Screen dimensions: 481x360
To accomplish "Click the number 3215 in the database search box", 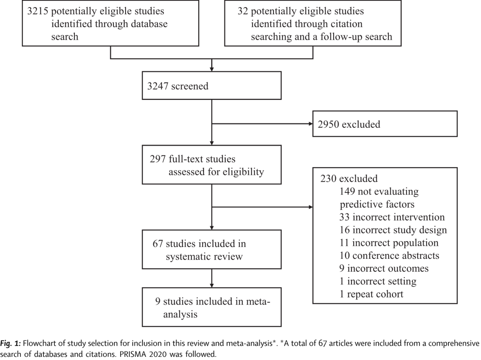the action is pyautogui.click(x=37, y=11).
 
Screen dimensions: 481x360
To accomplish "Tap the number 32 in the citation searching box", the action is pyautogui.click(x=243, y=11).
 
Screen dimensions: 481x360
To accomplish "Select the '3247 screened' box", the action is pyautogui.click(x=212, y=86).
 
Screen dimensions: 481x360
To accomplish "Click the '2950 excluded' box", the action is pyautogui.click(x=385, y=124).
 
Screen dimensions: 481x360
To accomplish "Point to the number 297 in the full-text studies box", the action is pyautogui.click(x=158, y=159).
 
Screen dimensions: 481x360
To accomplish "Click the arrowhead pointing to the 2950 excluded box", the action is pyautogui.click(x=310, y=124).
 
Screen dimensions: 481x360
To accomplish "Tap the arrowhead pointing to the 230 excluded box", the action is pyautogui.click(x=310, y=207).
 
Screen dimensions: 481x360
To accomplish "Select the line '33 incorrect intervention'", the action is pyautogui.click(x=392, y=217).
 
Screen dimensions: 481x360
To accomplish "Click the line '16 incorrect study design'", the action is pyautogui.click(x=393, y=230).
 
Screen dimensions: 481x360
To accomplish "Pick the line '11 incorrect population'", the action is pyautogui.click(x=389, y=243).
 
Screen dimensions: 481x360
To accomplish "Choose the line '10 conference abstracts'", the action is pyautogui.click(x=389, y=256).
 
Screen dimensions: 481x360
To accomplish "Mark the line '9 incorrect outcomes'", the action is pyautogui.click(x=384, y=269).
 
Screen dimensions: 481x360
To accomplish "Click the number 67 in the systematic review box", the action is pyautogui.click(x=158, y=244).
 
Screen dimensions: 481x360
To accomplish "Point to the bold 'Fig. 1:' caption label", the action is pyautogui.click(x=10, y=344).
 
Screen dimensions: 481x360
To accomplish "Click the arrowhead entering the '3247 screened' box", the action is pyautogui.click(x=212, y=70).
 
